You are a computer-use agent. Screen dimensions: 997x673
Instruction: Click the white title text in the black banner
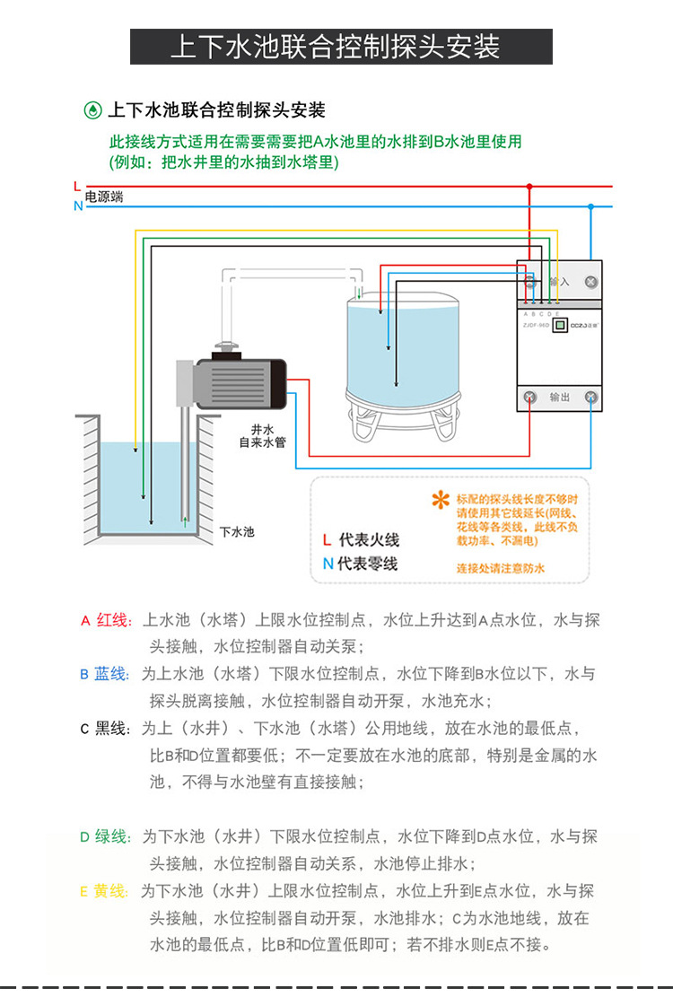coord(336,47)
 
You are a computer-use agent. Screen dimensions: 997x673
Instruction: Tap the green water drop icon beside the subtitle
coord(92,111)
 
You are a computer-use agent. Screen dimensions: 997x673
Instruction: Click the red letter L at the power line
coord(77,186)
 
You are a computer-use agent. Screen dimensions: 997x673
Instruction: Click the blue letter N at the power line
coord(78,206)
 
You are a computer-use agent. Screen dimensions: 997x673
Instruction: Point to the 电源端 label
coord(104,197)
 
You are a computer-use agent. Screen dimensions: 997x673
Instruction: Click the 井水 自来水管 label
coord(262,435)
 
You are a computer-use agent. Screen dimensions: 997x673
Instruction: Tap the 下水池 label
coord(237,531)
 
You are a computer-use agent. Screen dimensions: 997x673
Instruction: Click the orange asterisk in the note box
coord(440,501)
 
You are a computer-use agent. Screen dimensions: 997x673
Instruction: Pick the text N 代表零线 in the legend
coord(360,564)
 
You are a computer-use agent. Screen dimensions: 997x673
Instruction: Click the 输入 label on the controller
coord(559,282)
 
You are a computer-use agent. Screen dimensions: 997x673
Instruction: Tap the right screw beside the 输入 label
coord(591,282)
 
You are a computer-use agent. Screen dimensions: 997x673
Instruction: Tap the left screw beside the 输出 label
coord(529,397)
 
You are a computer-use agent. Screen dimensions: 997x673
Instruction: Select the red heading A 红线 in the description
coord(106,620)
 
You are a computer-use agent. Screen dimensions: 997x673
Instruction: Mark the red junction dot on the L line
coord(529,187)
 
